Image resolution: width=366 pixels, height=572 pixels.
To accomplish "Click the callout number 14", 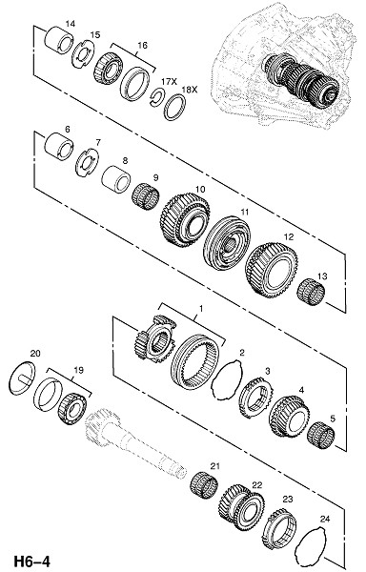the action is click(71, 24).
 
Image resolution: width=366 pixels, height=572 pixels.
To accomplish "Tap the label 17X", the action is click(169, 82).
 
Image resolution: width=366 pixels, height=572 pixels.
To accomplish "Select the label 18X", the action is click(190, 90).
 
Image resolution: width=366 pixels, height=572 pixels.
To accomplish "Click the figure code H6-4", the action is click(32, 562).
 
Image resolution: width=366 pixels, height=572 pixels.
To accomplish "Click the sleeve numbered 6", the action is click(58, 147).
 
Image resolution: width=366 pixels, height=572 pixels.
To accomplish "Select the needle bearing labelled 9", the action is click(145, 197).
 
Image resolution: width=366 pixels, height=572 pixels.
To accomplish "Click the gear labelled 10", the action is click(185, 220).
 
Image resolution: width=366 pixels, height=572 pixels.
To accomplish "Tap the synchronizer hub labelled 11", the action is click(227, 243).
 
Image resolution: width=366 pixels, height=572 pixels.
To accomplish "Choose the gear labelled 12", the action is click(272, 269).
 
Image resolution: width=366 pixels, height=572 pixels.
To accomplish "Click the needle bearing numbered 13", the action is click(311, 292).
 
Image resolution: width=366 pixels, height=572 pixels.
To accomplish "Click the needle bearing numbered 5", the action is click(321, 436).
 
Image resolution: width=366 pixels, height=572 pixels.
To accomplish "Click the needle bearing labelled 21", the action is click(204, 485).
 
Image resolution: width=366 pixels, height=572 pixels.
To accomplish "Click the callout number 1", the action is click(201, 309).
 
